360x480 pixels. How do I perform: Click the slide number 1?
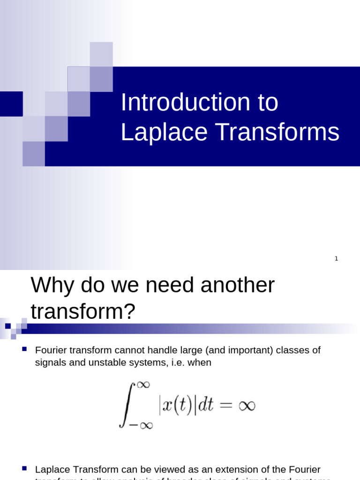[x=336, y=259]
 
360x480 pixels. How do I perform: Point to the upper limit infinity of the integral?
[x=142, y=385]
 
